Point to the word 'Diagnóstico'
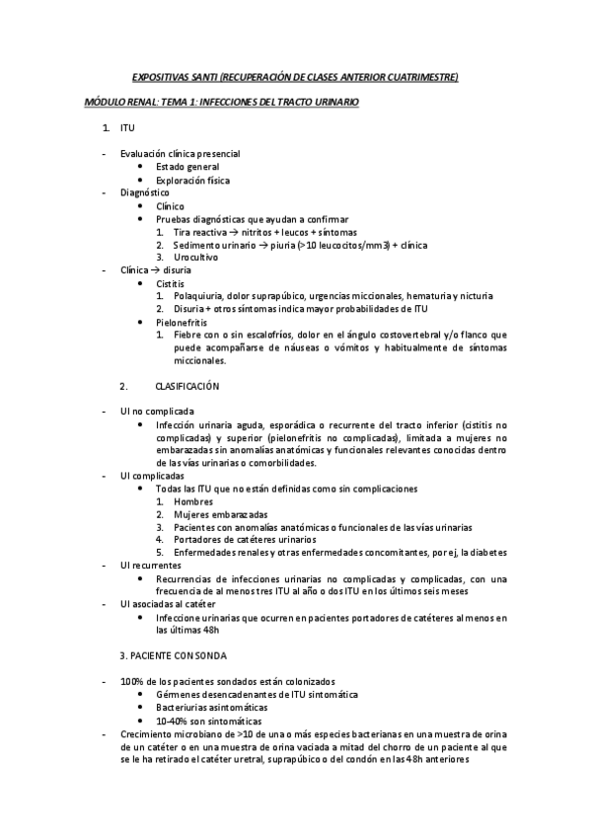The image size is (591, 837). coord(145,192)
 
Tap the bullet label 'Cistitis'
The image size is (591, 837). coord(171,282)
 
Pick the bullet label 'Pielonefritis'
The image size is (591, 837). coord(181,322)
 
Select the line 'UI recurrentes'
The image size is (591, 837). coord(151,565)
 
